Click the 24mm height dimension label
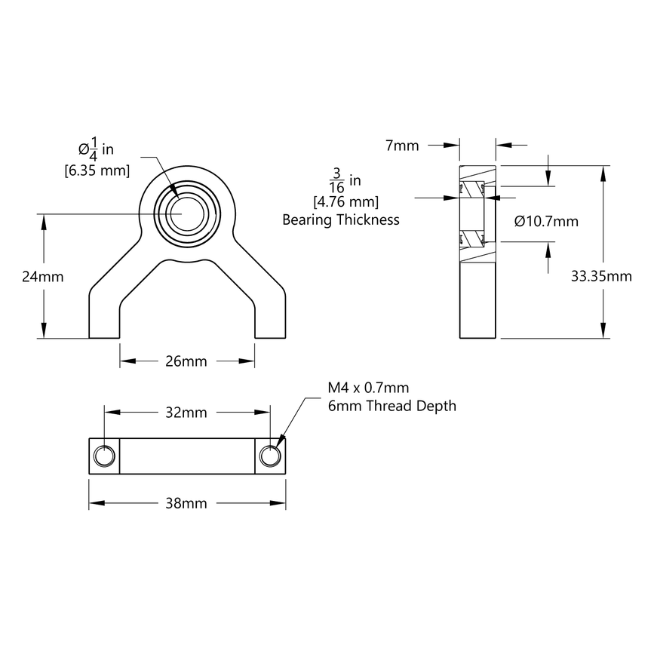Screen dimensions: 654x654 (x=42, y=276)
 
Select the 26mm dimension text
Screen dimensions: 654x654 (x=186, y=361)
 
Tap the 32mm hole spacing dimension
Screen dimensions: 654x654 (x=186, y=413)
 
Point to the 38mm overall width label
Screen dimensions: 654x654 (x=186, y=503)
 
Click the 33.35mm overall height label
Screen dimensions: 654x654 (x=601, y=276)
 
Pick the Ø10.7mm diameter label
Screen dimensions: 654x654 (x=546, y=221)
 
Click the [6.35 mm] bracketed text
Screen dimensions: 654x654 (x=96, y=170)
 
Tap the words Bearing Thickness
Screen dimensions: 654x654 (x=340, y=220)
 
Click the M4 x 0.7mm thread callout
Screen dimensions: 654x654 (x=368, y=388)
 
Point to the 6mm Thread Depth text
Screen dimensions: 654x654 (x=391, y=406)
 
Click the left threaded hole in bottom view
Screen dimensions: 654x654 (x=104, y=456)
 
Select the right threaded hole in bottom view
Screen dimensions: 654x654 (x=270, y=456)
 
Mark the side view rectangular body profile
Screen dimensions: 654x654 (x=477, y=302)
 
